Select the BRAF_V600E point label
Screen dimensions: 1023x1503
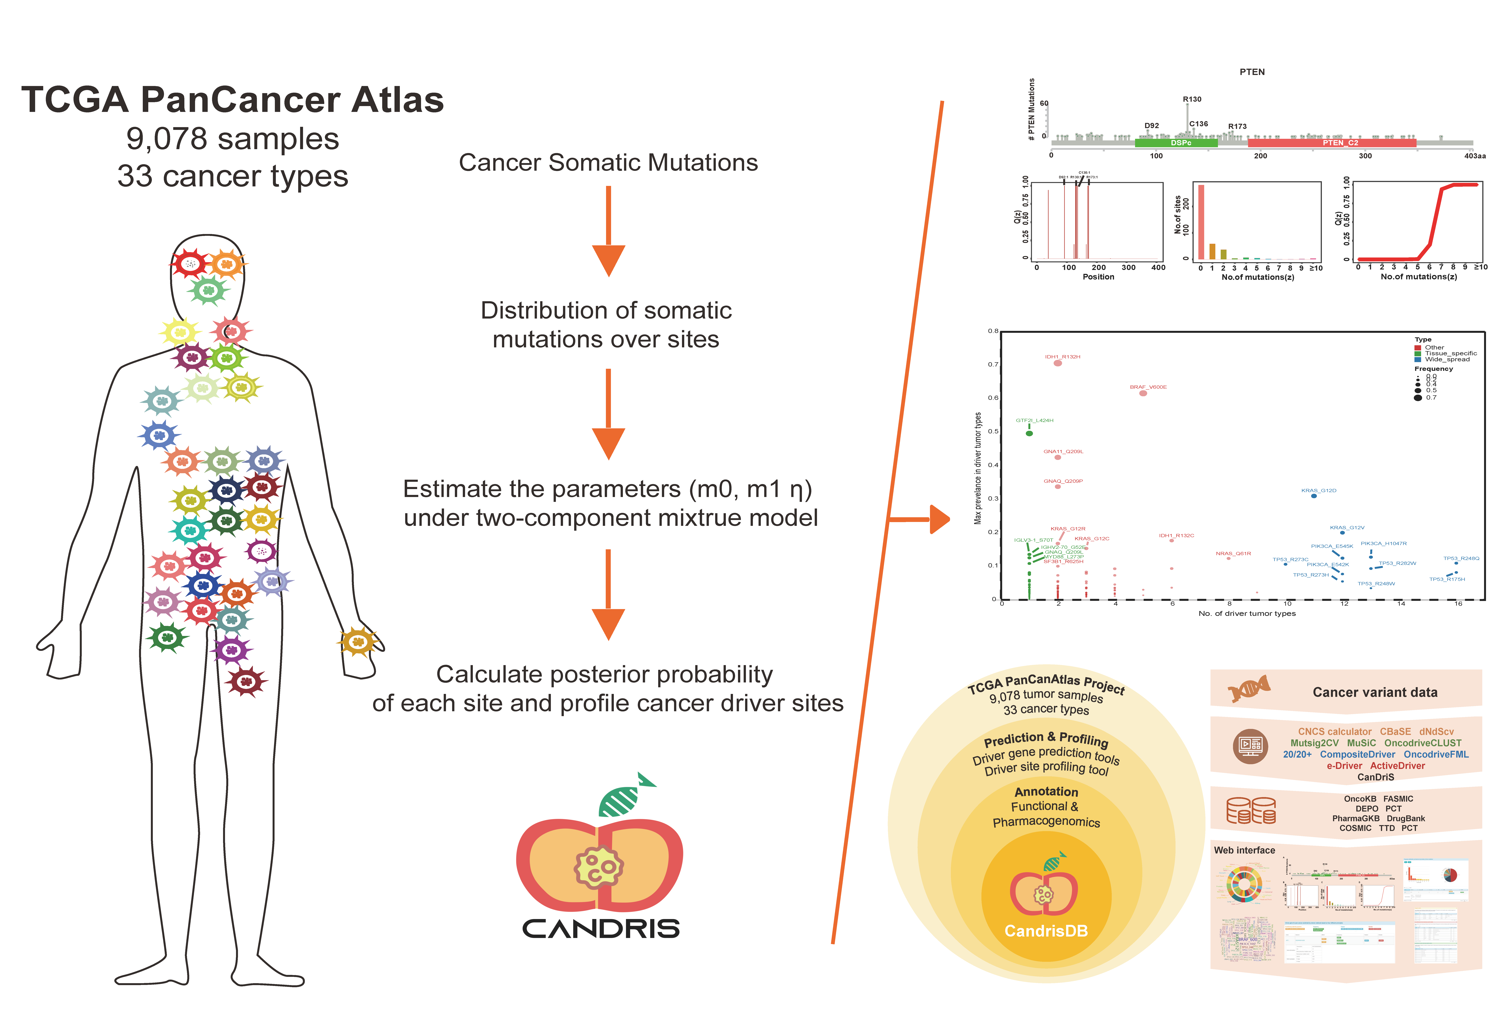click(1148, 387)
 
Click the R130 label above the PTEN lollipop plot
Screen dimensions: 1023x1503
click(1192, 99)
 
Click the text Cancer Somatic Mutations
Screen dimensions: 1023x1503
click(608, 162)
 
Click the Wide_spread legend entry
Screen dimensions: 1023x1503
click(1447, 359)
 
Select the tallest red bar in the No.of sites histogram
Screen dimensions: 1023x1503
click(1201, 222)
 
